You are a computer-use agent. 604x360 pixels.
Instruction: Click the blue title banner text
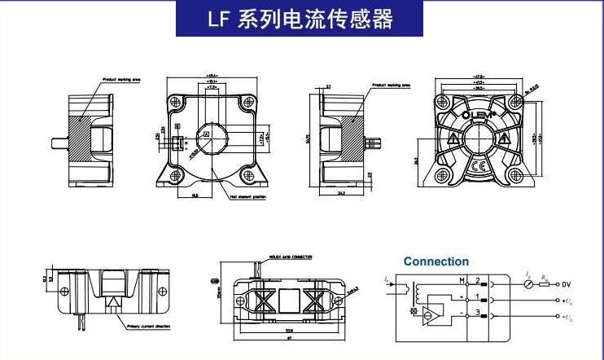(x=300, y=20)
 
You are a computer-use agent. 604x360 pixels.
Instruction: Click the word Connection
(x=436, y=261)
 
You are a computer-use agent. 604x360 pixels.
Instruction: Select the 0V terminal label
(x=567, y=284)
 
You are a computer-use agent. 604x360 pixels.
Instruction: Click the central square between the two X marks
(x=290, y=300)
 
